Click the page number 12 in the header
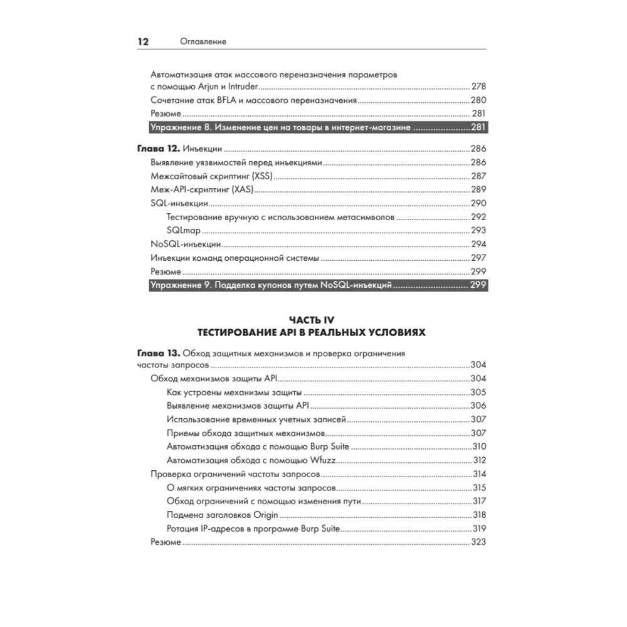click(x=143, y=42)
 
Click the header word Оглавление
click(x=203, y=42)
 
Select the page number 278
click(x=478, y=87)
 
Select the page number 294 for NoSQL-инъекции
click(x=478, y=244)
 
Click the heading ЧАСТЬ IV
click(x=312, y=320)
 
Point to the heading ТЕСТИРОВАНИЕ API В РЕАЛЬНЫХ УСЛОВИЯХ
click(x=312, y=332)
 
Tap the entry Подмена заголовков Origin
click(x=223, y=515)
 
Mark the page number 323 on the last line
click(x=478, y=542)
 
